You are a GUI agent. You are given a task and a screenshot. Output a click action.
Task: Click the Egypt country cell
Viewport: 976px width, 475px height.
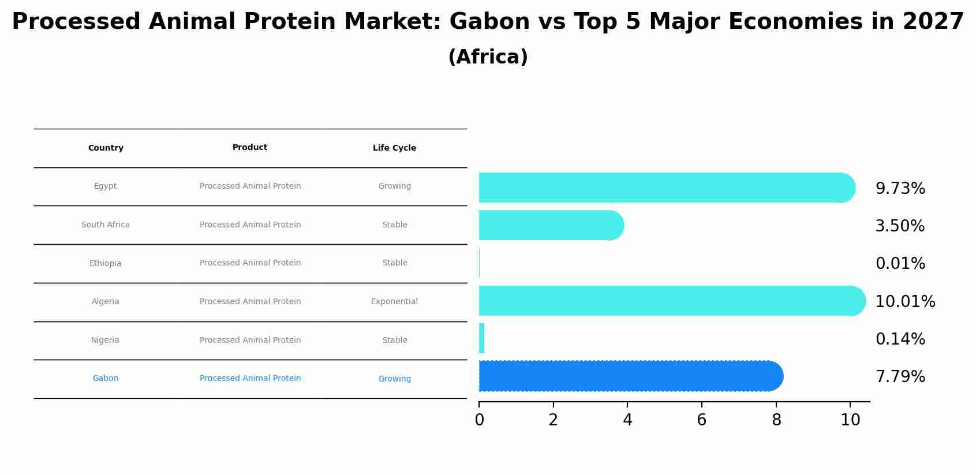[106, 186]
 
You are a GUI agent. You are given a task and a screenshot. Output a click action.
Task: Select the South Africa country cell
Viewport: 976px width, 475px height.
[106, 225]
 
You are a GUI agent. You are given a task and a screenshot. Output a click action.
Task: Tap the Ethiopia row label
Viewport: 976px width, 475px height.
[106, 263]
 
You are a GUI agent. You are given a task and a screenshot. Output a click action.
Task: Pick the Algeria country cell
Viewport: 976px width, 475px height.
[106, 301]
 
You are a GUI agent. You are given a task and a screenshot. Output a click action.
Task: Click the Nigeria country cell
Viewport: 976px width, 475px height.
[106, 340]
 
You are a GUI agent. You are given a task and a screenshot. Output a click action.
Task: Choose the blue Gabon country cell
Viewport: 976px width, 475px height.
[106, 378]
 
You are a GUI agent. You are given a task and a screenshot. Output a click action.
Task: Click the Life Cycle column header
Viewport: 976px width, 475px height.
[394, 148]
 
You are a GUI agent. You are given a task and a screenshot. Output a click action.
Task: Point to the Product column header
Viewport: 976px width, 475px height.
[250, 147]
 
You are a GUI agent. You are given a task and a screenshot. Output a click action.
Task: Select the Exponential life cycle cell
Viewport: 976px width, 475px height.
[394, 301]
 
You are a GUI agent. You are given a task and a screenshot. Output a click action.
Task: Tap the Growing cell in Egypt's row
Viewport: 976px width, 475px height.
[394, 186]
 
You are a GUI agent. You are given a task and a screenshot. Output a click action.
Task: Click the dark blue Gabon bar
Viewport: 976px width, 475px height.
[631, 376]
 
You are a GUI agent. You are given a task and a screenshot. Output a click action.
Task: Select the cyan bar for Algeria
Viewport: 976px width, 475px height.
[672, 301]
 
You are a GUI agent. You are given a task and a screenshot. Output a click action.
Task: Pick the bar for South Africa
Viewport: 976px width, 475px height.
[552, 225]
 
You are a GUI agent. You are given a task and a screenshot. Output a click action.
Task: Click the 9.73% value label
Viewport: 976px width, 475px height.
[900, 188]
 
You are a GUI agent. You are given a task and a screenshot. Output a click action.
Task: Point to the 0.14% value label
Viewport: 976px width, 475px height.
[900, 339]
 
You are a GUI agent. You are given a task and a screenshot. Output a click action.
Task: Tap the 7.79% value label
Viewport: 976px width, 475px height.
[900, 376]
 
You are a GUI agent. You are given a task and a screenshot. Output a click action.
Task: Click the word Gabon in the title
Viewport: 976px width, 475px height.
[489, 21]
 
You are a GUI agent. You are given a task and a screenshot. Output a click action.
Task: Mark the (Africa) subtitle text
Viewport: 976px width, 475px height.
[488, 57]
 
